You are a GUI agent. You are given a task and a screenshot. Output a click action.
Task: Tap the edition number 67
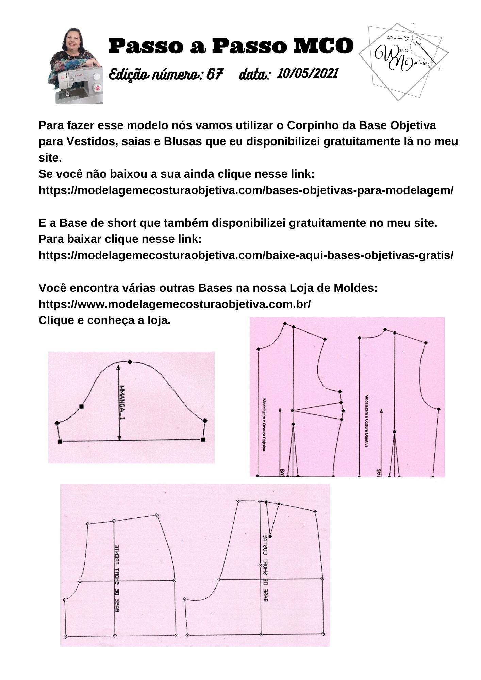pyautogui.click(x=215, y=74)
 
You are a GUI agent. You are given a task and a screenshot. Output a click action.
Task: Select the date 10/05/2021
pyautogui.click(x=308, y=73)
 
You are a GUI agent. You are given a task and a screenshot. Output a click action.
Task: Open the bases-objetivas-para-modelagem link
pyautogui.click(x=246, y=190)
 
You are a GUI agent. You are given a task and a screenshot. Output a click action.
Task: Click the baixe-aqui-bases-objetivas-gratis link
pyautogui.click(x=246, y=255)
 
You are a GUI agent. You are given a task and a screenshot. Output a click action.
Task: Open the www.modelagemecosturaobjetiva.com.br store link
pyautogui.click(x=175, y=304)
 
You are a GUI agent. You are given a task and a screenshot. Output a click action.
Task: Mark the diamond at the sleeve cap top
pyautogui.click(x=130, y=362)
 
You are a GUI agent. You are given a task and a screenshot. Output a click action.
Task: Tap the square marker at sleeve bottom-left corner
pyautogui.click(x=60, y=441)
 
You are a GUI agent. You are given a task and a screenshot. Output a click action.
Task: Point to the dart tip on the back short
pyautogui.click(x=270, y=536)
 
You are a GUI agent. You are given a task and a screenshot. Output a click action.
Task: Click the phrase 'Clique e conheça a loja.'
pyautogui.click(x=104, y=320)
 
